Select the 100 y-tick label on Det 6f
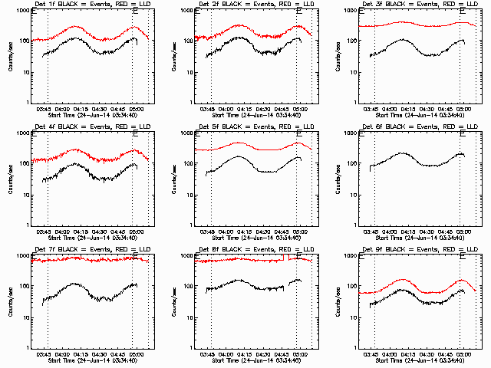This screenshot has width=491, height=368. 351,163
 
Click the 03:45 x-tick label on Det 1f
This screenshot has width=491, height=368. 46,109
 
